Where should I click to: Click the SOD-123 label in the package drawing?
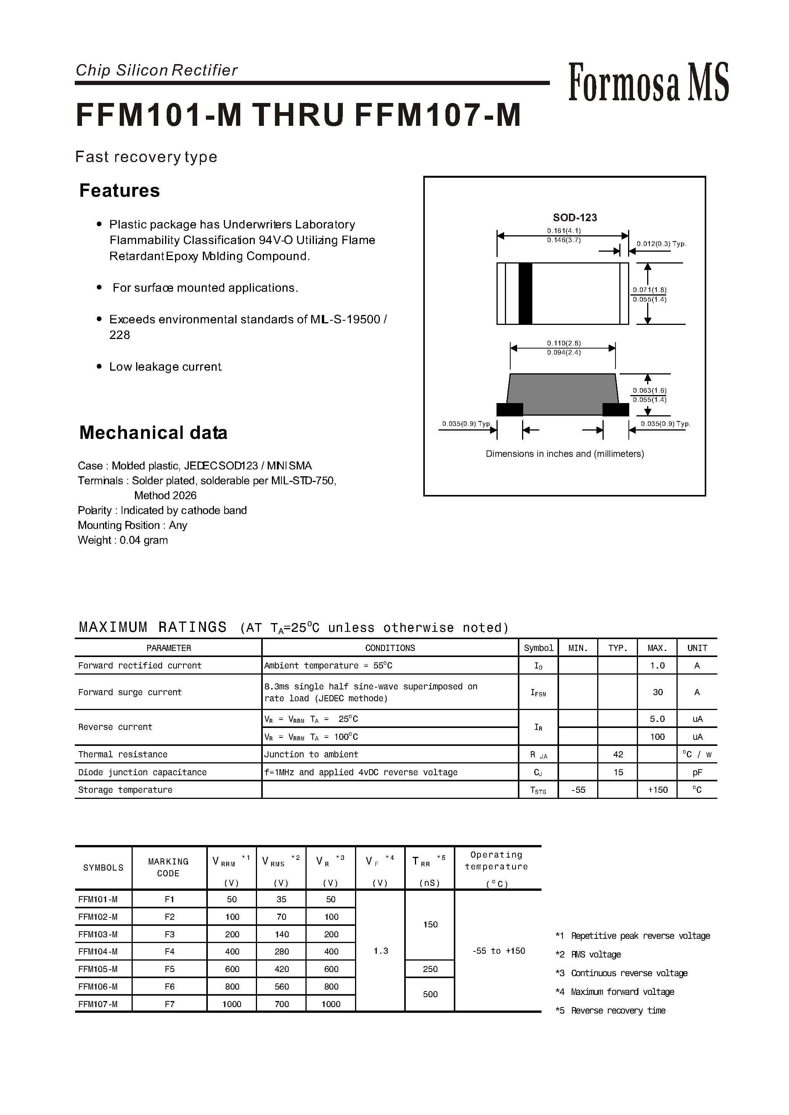(575, 218)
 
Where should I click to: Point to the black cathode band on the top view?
(525, 294)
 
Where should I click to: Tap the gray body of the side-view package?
(562, 394)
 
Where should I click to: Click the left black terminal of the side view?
(509, 410)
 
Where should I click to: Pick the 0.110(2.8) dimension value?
(564, 343)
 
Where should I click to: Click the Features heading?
(119, 190)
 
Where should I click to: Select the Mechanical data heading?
(153, 432)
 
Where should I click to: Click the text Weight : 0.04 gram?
(123, 540)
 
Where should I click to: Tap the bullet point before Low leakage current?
(99, 366)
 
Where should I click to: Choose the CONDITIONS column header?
(390, 648)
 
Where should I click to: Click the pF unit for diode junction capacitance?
(697, 773)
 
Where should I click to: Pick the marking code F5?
(169, 969)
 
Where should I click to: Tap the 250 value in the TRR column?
(430, 969)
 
